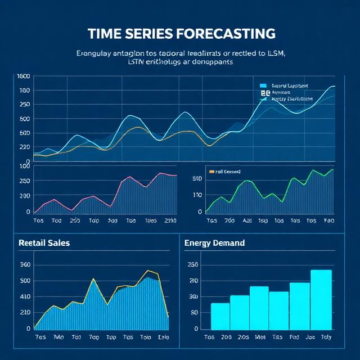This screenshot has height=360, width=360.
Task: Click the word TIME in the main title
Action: pos(107,33)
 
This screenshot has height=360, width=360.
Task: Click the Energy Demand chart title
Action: pos(214,243)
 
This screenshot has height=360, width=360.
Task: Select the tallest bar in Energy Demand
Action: pos(321,299)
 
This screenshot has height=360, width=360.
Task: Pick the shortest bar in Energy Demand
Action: pos(220,316)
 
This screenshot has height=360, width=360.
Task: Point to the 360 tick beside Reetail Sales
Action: pos(24,265)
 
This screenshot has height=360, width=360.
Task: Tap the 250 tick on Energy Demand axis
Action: pos(193,265)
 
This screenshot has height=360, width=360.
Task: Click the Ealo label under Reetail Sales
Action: pos(163,337)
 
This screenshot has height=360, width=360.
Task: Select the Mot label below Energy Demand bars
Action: pos(260,337)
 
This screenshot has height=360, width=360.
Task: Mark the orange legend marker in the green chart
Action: pos(211,172)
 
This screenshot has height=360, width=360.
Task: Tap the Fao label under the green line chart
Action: pos(329,221)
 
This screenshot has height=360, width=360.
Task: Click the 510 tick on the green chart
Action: pos(196,179)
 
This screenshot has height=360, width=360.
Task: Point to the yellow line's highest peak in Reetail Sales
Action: pos(147,271)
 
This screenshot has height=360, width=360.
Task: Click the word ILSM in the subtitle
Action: pos(275,53)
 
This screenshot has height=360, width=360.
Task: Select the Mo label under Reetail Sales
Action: pos(58,337)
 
